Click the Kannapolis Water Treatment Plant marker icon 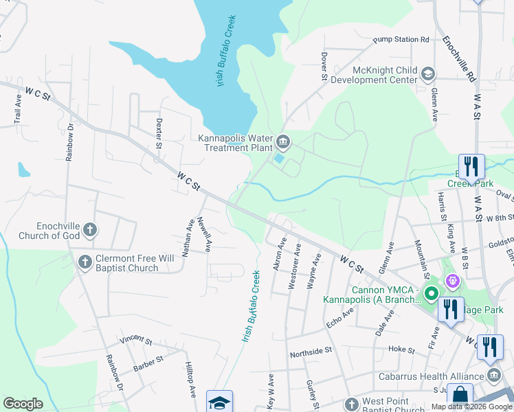coord(283,143)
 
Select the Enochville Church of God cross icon coord(89,231)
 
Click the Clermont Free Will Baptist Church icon coord(85,262)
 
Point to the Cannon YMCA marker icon coord(432,295)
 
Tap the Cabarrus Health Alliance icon coord(494,375)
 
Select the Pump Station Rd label coord(401,40)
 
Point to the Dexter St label coord(159,133)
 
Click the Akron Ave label coord(280,253)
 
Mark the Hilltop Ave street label coord(190,380)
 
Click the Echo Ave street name coord(339,317)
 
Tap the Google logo coord(23,404)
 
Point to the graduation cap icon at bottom coord(219,402)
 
